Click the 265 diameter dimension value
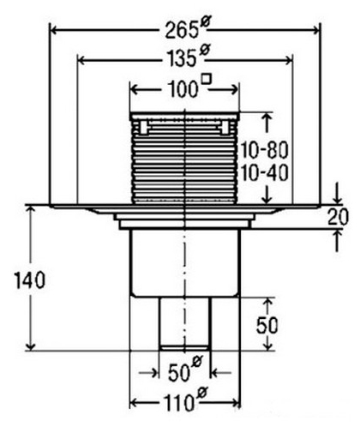pyautogui.click(x=182, y=30)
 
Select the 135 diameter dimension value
pyautogui.click(x=181, y=58)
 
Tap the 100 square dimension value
pyautogui.click(x=183, y=89)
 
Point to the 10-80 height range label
pyautogui.click(x=264, y=151)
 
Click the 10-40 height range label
pyautogui.click(x=264, y=173)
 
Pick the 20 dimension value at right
pyautogui.click(x=338, y=217)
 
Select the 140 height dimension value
pyautogui.click(x=30, y=280)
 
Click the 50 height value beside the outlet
pyautogui.click(x=267, y=326)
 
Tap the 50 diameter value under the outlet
pyautogui.click(x=179, y=373)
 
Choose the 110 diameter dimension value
pyautogui.click(x=179, y=402)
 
